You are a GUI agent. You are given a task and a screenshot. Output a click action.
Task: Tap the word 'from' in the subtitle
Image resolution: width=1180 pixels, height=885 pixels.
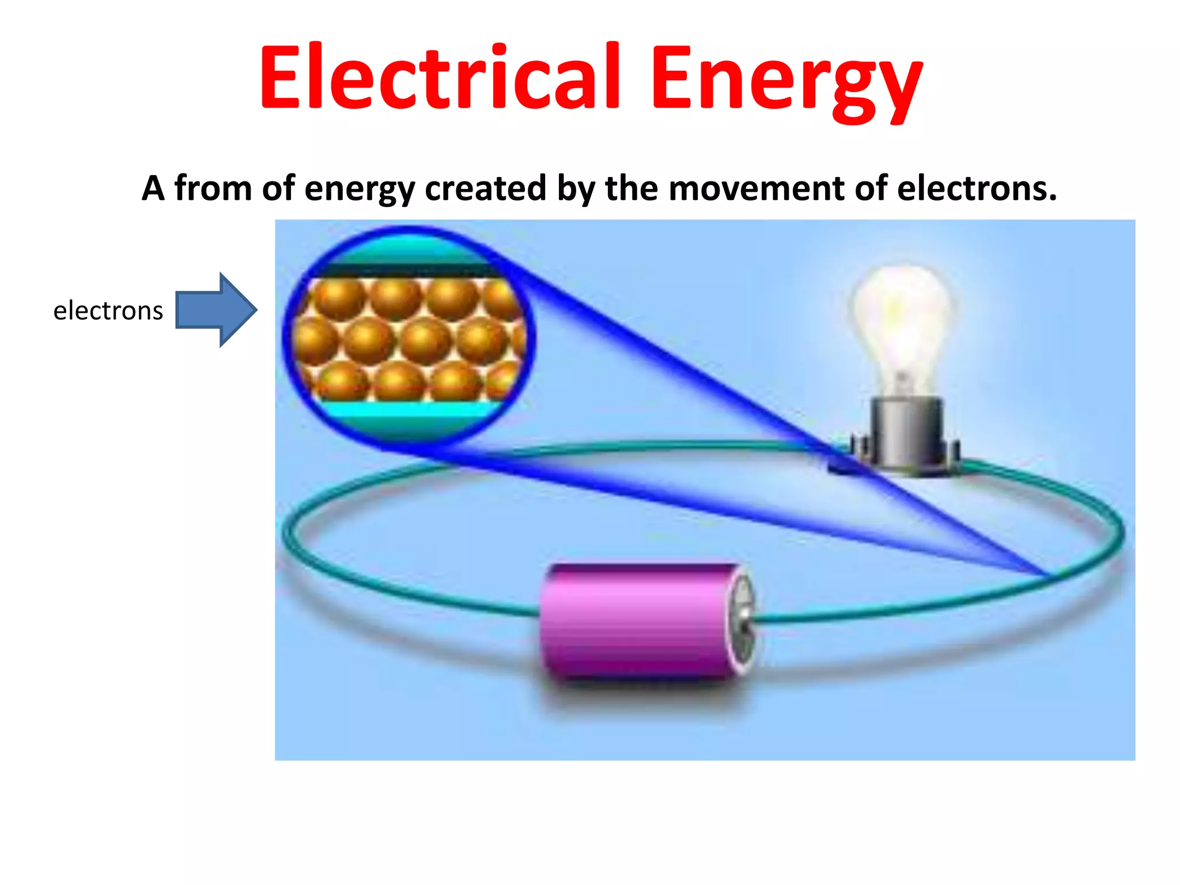pyautogui.click(x=213, y=188)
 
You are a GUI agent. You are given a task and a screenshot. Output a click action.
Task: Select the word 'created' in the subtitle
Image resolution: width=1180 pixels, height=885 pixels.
pyautogui.click(x=485, y=188)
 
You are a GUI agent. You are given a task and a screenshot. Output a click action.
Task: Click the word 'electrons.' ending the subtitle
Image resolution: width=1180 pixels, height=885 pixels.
pyautogui.click(x=977, y=188)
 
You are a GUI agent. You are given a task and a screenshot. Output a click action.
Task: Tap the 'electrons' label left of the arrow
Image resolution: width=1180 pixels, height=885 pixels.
pyautogui.click(x=108, y=311)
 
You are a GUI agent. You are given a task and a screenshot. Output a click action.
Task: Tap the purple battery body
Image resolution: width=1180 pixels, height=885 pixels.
pyautogui.click(x=634, y=619)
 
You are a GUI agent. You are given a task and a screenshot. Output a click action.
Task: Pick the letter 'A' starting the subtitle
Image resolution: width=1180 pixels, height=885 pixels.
pyautogui.click(x=153, y=188)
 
